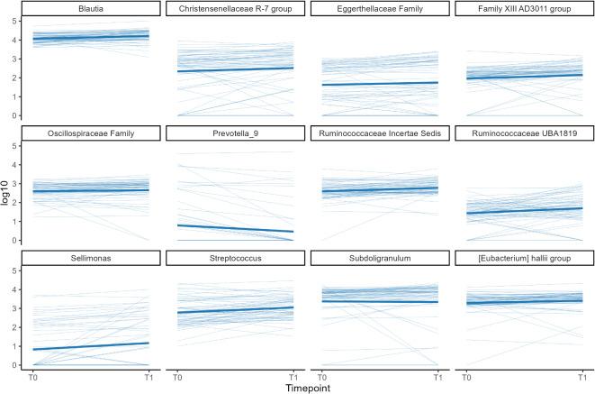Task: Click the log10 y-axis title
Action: tap(7, 191)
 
